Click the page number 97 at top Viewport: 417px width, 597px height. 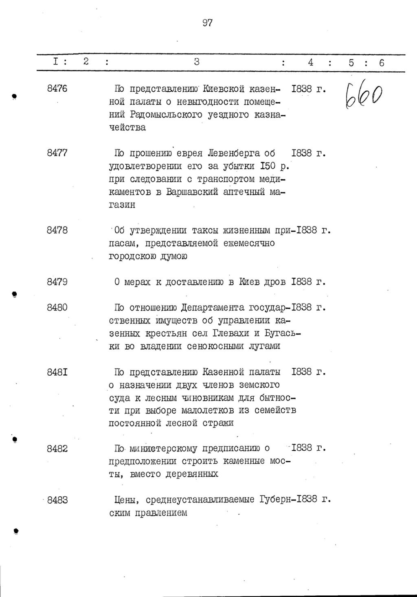(x=207, y=23)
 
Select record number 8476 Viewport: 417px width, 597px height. (x=57, y=88)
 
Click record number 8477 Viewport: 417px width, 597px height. (x=57, y=153)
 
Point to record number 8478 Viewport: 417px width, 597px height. (x=57, y=230)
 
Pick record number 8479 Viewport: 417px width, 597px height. (x=57, y=282)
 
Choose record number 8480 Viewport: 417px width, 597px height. (x=57, y=308)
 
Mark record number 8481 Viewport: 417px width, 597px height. (x=57, y=372)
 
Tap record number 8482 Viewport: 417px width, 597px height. (x=57, y=449)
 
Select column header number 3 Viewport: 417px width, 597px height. (x=196, y=62)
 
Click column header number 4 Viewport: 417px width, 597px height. (x=311, y=62)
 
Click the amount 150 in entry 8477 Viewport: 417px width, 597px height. (x=266, y=166)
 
